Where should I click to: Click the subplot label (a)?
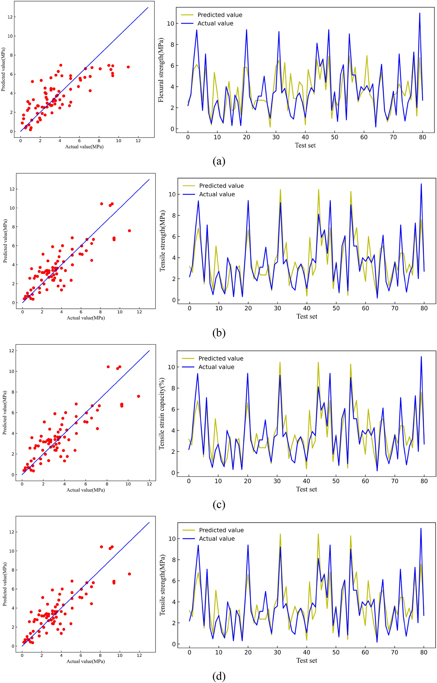tap(219, 161)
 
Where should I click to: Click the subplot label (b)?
tap(219, 333)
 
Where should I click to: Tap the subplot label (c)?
tap(219, 504)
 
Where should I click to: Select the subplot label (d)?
tap(219, 676)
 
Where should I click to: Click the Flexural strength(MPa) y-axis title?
tap(161, 70)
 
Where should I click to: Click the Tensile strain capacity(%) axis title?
tap(162, 414)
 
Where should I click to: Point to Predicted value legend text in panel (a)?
tap(220, 15)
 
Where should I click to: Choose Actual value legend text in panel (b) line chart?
tap(217, 194)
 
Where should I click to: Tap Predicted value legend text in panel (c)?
tap(221, 359)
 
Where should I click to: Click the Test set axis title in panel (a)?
tap(305, 145)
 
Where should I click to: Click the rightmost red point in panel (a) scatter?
tap(128, 67)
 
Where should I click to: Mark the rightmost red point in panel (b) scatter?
tap(129, 231)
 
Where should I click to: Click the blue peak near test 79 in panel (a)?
tap(420, 13)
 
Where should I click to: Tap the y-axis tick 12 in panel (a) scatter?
tap(10, 17)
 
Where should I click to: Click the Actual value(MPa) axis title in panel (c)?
tap(86, 490)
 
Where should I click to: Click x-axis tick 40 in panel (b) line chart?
tap(307, 308)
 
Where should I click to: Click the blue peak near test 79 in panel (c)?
tap(421, 357)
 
